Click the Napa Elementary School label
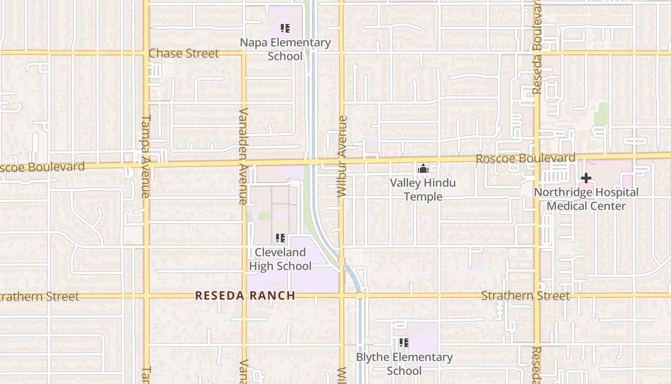(x=285, y=49)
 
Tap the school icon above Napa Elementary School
(x=285, y=28)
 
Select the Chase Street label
(x=184, y=53)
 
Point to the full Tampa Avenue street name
(x=146, y=156)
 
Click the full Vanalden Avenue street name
(x=243, y=156)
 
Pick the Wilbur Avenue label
(x=341, y=156)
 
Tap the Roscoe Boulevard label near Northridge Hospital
(x=525, y=158)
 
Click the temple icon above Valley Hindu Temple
(x=423, y=168)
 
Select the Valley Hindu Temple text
(x=423, y=190)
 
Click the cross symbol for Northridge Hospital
(x=586, y=179)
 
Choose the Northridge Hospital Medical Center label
(x=586, y=199)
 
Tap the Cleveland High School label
(x=280, y=259)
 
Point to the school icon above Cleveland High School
(x=280, y=238)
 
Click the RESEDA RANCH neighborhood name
(x=245, y=296)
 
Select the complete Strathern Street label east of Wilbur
(x=525, y=296)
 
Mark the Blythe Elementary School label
(x=404, y=364)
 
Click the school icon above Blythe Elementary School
(x=404, y=343)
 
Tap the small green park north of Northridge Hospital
(x=601, y=114)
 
